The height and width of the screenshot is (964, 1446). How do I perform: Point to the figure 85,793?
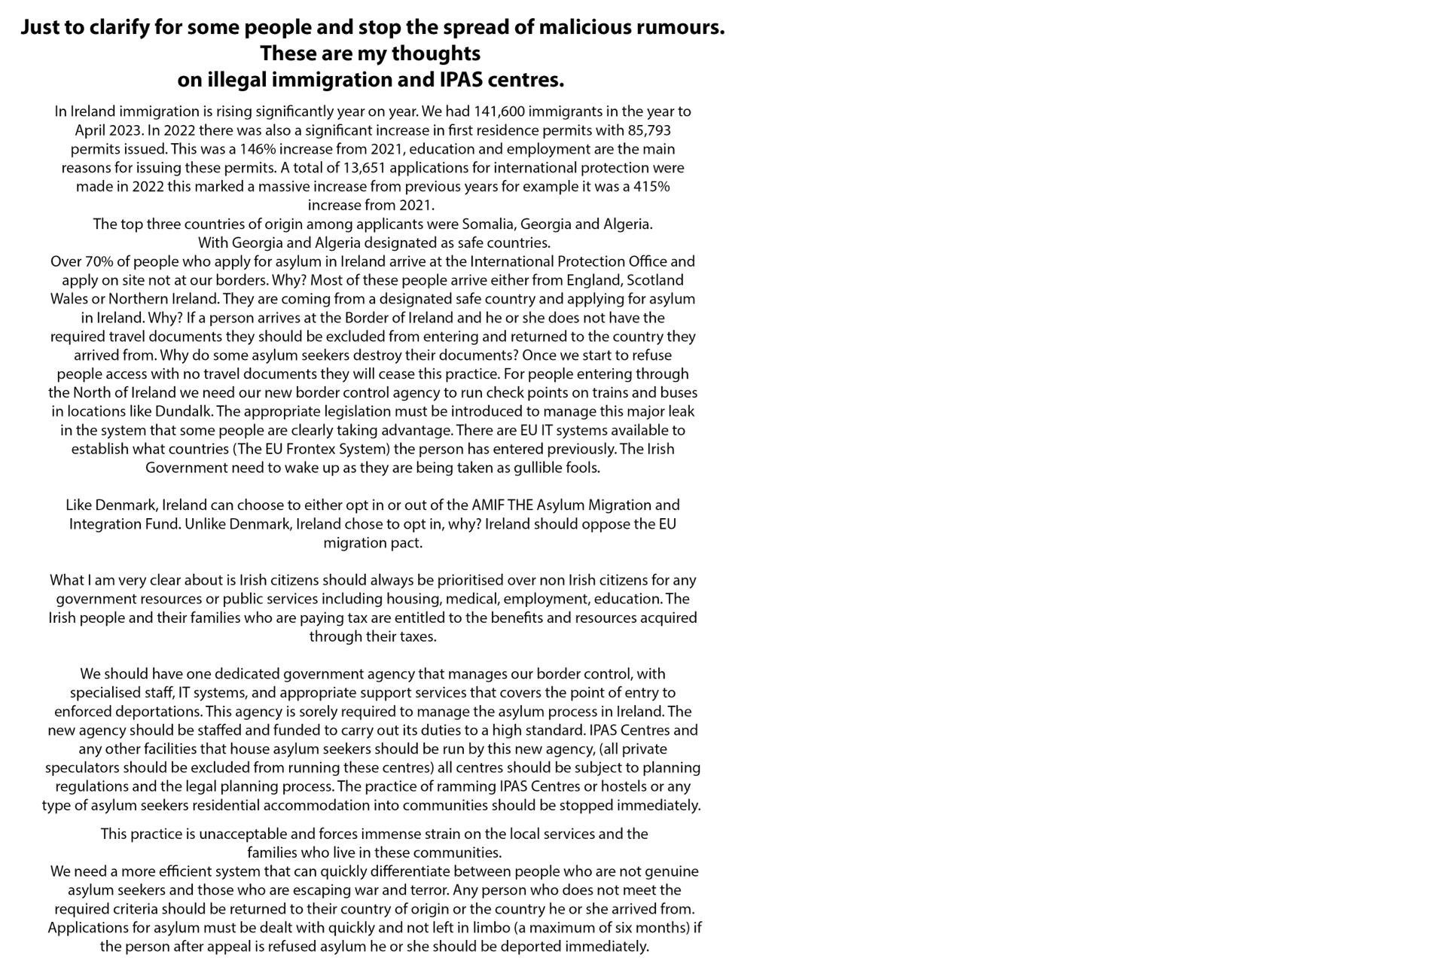pyautogui.click(x=649, y=130)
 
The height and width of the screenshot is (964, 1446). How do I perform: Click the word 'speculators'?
pyautogui.click(x=82, y=768)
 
